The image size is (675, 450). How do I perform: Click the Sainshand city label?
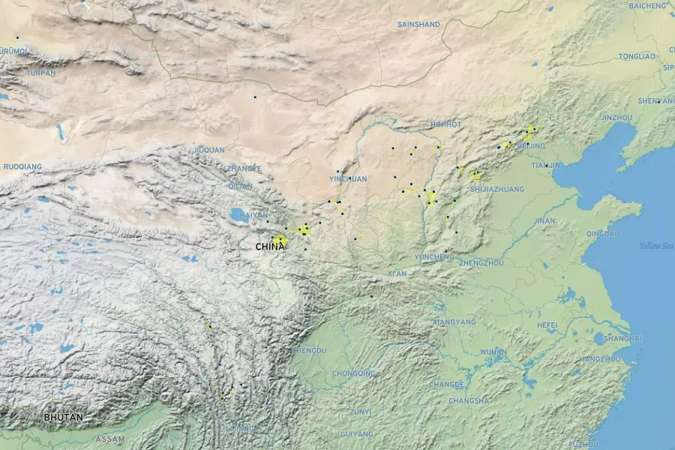tap(418, 25)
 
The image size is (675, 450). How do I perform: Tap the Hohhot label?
tap(446, 124)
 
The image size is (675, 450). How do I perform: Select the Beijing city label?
tap(531, 146)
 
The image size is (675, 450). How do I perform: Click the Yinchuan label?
tap(348, 179)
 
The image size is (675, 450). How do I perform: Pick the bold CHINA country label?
tap(270, 246)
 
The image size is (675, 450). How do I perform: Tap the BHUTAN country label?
tap(64, 417)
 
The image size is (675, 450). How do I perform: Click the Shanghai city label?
tap(622, 339)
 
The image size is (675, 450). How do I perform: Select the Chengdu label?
tap(309, 350)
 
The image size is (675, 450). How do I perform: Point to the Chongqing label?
tap(353, 373)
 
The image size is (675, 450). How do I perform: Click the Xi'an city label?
tap(397, 274)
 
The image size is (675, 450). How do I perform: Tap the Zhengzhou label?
tap(481, 263)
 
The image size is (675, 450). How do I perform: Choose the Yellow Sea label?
tap(656, 246)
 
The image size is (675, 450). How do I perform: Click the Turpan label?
tap(40, 73)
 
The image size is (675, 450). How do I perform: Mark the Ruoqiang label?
tap(22, 166)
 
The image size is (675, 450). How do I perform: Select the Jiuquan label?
tap(209, 150)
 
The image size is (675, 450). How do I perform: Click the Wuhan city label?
tap(493, 352)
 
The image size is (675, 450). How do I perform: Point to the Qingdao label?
tap(603, 233)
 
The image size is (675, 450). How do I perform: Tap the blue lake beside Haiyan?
tap(238, 214)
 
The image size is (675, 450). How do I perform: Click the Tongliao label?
tap(637, 57)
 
